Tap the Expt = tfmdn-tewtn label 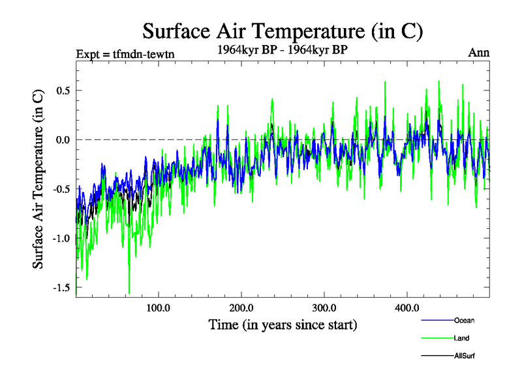click(x=125, y=53)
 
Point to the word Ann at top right click(x=479, y=53)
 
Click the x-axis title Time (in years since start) click(x=283, y=324)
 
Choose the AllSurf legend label click(x=465, y=356)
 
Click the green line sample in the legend click(x=435, y=338)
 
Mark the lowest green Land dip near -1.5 click(x=129, y=293)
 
